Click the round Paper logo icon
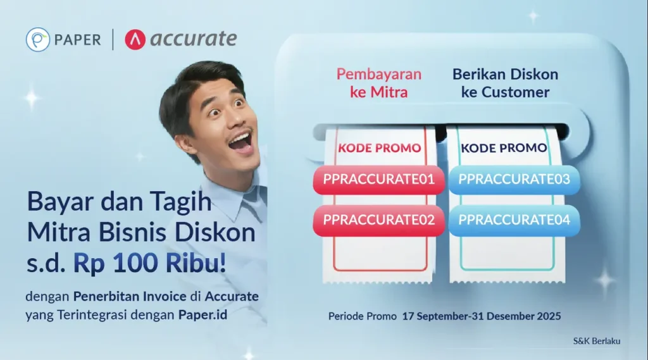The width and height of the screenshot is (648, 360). pyautogui.click(x=37, y=40)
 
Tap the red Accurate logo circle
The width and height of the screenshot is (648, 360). pyautogui.click(x=135, y=40)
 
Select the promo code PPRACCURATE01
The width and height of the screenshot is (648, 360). pyautogui.click(x=378, y=180)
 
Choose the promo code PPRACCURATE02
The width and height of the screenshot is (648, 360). pyautogui.click(x=378, y=220)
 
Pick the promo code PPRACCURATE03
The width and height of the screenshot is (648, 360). pyautogui.click(x=514, y=180)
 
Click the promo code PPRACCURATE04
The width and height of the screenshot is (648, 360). pyautogui.click(x=514, y=220)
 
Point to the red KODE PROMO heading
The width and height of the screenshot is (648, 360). pyautogui.click(x=380, y=148)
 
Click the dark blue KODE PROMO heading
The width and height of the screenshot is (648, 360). pyautogui.click(x=504, y=148)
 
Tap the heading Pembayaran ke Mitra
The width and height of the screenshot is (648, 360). pyautogui.click(x=379, y=83)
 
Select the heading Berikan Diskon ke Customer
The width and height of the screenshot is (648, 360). pyautogui.click(x=505, y=83)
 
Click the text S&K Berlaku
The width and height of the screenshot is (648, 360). pyautogui.click(x=596, y=341)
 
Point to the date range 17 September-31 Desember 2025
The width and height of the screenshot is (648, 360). pyautogui.click(x=482, y=316)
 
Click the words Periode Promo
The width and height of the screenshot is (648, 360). pyautogui.click(x=363, y=316)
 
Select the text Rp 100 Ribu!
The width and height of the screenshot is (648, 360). pyautogui.click(x=149, y=263)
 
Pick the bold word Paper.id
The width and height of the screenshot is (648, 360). pyautogui.click(x=203, y=315)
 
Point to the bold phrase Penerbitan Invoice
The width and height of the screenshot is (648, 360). pyautogui.click(x=130, y=296)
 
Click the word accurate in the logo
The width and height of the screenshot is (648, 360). pyautogui.click(x=194, y=39)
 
